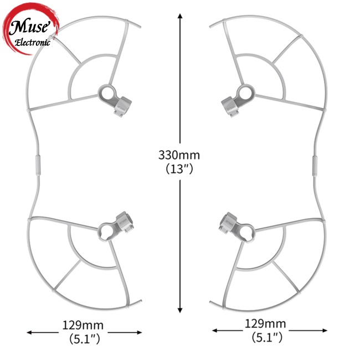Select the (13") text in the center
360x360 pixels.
pos(179,169)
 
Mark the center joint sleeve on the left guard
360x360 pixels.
pos(37,164)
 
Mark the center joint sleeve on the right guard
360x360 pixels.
pos(315,164)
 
